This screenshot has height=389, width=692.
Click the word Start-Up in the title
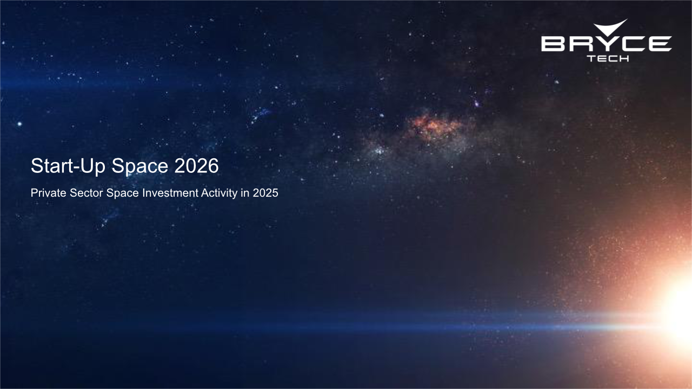pyautogui.click(x=69, y=166)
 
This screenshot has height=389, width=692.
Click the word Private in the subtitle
pyautogui.click(x=49, y=193)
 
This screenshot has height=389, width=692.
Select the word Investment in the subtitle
pyautogui.click(x=170, y=193)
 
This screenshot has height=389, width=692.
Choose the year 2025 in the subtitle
pyautogui.click(x=265, y=193)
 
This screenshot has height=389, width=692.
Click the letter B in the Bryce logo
pyautogui.click(x=553, y=44)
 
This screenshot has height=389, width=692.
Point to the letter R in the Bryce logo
pyautogui.click(x=579, y=44)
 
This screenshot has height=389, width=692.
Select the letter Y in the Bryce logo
pyautogui.click(x=606, y=44)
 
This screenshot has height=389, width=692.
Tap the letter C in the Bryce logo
pyautogui.click(x=632, y=44)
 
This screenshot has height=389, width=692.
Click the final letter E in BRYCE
pyautogui.click(x=659, y=44)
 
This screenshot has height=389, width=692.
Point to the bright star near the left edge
pyautogui.click(x=19, y=124)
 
